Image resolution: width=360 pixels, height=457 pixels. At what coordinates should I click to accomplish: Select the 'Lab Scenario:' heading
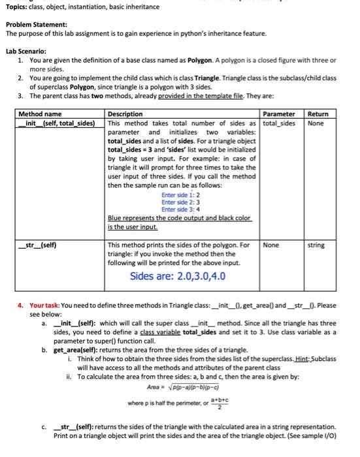point(26,51)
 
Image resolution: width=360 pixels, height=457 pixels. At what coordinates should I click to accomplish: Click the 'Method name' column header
point(41,114)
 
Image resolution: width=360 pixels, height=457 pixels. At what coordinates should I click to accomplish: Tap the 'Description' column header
point(125,114)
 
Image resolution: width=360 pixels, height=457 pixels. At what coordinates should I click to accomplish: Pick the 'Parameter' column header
point(278,114)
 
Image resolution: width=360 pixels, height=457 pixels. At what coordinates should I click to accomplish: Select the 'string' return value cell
point(316,245)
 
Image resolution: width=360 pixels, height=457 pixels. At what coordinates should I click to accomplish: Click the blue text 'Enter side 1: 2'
point(180,195)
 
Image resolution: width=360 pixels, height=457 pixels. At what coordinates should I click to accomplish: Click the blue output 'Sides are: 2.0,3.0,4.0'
point(178,276)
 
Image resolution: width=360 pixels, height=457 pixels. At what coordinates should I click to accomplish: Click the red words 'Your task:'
point(46,306)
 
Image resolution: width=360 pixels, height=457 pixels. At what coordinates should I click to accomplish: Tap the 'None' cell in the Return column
point(315,123)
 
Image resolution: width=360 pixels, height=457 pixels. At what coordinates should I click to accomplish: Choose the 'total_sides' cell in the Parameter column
point(279,123)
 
